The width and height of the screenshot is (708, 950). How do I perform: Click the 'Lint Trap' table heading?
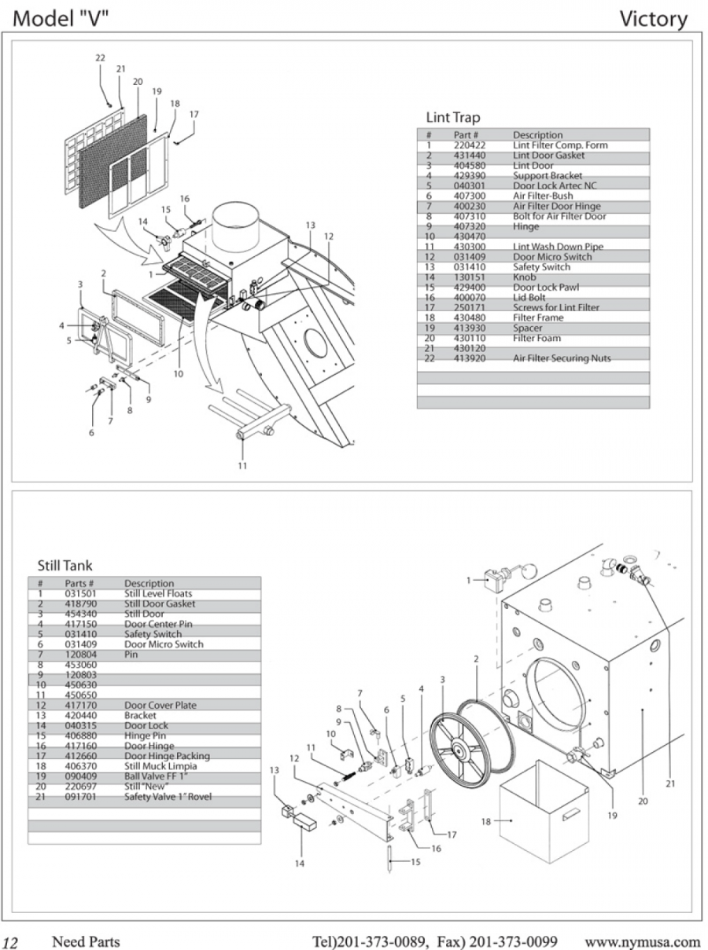coord(452,118)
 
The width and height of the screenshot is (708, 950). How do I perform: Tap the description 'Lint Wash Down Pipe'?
coord(559,247)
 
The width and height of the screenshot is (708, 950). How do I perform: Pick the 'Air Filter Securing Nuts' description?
coord(562,358)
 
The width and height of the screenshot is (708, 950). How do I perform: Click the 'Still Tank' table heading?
coord(65,565)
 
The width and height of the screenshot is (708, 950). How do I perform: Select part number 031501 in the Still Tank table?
coord(81,594)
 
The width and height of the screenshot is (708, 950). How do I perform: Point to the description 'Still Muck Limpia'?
coord(160,766)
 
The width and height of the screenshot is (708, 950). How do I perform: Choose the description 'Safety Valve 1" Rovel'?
coord(168,797)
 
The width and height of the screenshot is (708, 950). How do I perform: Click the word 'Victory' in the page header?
coord(653,18)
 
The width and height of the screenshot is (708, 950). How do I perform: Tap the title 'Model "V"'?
coord(61,18)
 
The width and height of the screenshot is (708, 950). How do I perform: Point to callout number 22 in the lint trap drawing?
coord(101,59)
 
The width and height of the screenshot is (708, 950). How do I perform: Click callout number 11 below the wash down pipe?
coord(242,466)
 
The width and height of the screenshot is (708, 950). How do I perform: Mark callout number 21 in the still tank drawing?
coord(669,783)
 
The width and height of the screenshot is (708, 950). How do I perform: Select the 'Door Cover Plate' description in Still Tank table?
coord(160,706)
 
